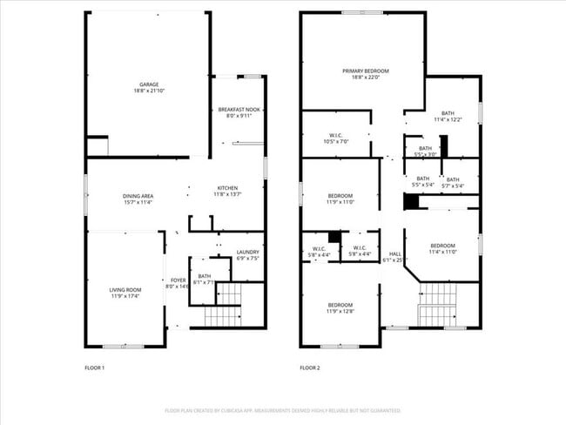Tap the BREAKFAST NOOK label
[238, 110]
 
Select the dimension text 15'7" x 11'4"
[138, 203]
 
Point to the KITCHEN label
[227, 188]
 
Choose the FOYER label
[178, 280]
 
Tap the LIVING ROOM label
[125, 290]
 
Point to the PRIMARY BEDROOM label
[365, 71]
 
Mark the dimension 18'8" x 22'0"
[365, 78]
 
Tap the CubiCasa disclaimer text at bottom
[282, 410]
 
